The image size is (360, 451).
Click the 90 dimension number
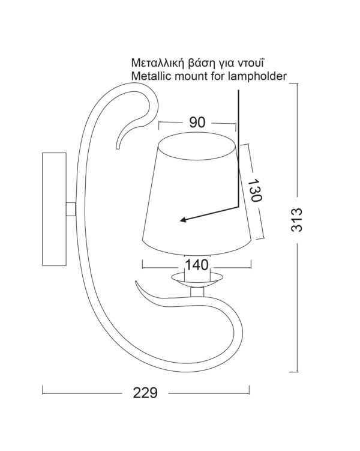click(197, 122)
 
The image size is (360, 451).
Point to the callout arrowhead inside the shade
click(182, 220)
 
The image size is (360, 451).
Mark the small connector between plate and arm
click(70, 208)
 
